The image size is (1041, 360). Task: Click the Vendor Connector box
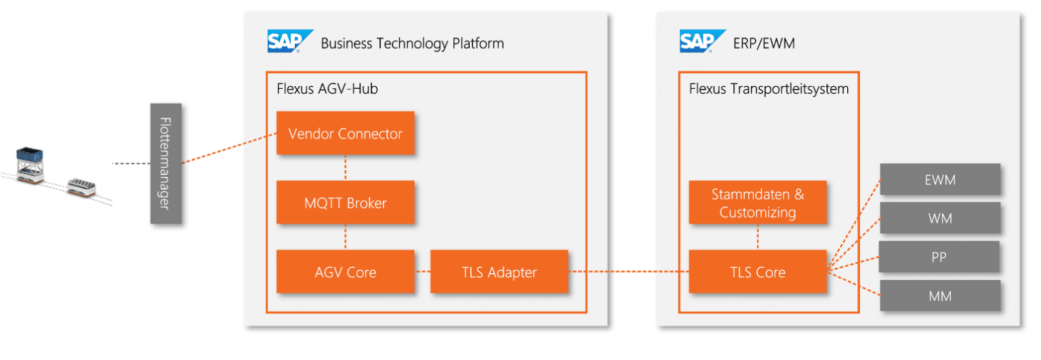(x=345, y=133)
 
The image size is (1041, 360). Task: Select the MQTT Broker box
(x=345, y=202)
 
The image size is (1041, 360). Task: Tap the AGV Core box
(x=345, y=272)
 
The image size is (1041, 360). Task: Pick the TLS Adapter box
(x=499, y=272)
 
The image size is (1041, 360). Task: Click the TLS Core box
(x=757, y=272)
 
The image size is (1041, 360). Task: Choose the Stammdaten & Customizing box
(x=757, y=203)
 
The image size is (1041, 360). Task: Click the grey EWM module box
(x=939, y=180)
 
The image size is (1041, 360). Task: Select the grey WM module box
(x=939, y=218)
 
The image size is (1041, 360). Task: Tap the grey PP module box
(x=939, y=257)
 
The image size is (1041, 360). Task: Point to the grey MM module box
(x=939, y=295)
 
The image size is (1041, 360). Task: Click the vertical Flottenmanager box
(x=166, y=163)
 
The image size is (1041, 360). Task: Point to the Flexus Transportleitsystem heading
(x=769, y=89)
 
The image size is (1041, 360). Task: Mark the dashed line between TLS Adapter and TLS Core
(x=628, y=272)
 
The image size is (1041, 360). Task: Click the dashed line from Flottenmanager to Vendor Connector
(x=229, y=149)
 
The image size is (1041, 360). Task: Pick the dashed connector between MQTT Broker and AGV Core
(x=346, y=237)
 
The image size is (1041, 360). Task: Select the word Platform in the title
(x=478, y=43)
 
